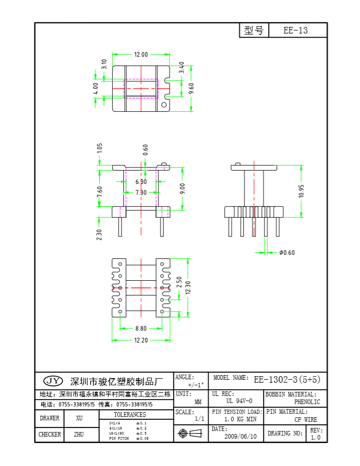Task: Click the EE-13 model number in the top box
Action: point(296,30)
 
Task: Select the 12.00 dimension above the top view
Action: point(141,54)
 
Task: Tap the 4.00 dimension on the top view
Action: point(95,88)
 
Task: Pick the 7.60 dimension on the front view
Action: point(100,191)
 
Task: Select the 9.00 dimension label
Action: point(183,188)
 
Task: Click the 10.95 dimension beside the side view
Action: point(301,190)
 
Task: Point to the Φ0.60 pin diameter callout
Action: point(287,252)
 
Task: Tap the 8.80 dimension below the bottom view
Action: point(141,328)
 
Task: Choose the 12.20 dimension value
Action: point(141,341)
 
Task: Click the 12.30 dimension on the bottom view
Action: point(188,288)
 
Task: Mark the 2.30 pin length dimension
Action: point(100,235)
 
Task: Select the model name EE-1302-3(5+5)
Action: point(287,379)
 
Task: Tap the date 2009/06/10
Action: point(241,436)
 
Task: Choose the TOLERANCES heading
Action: point(129,415)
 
